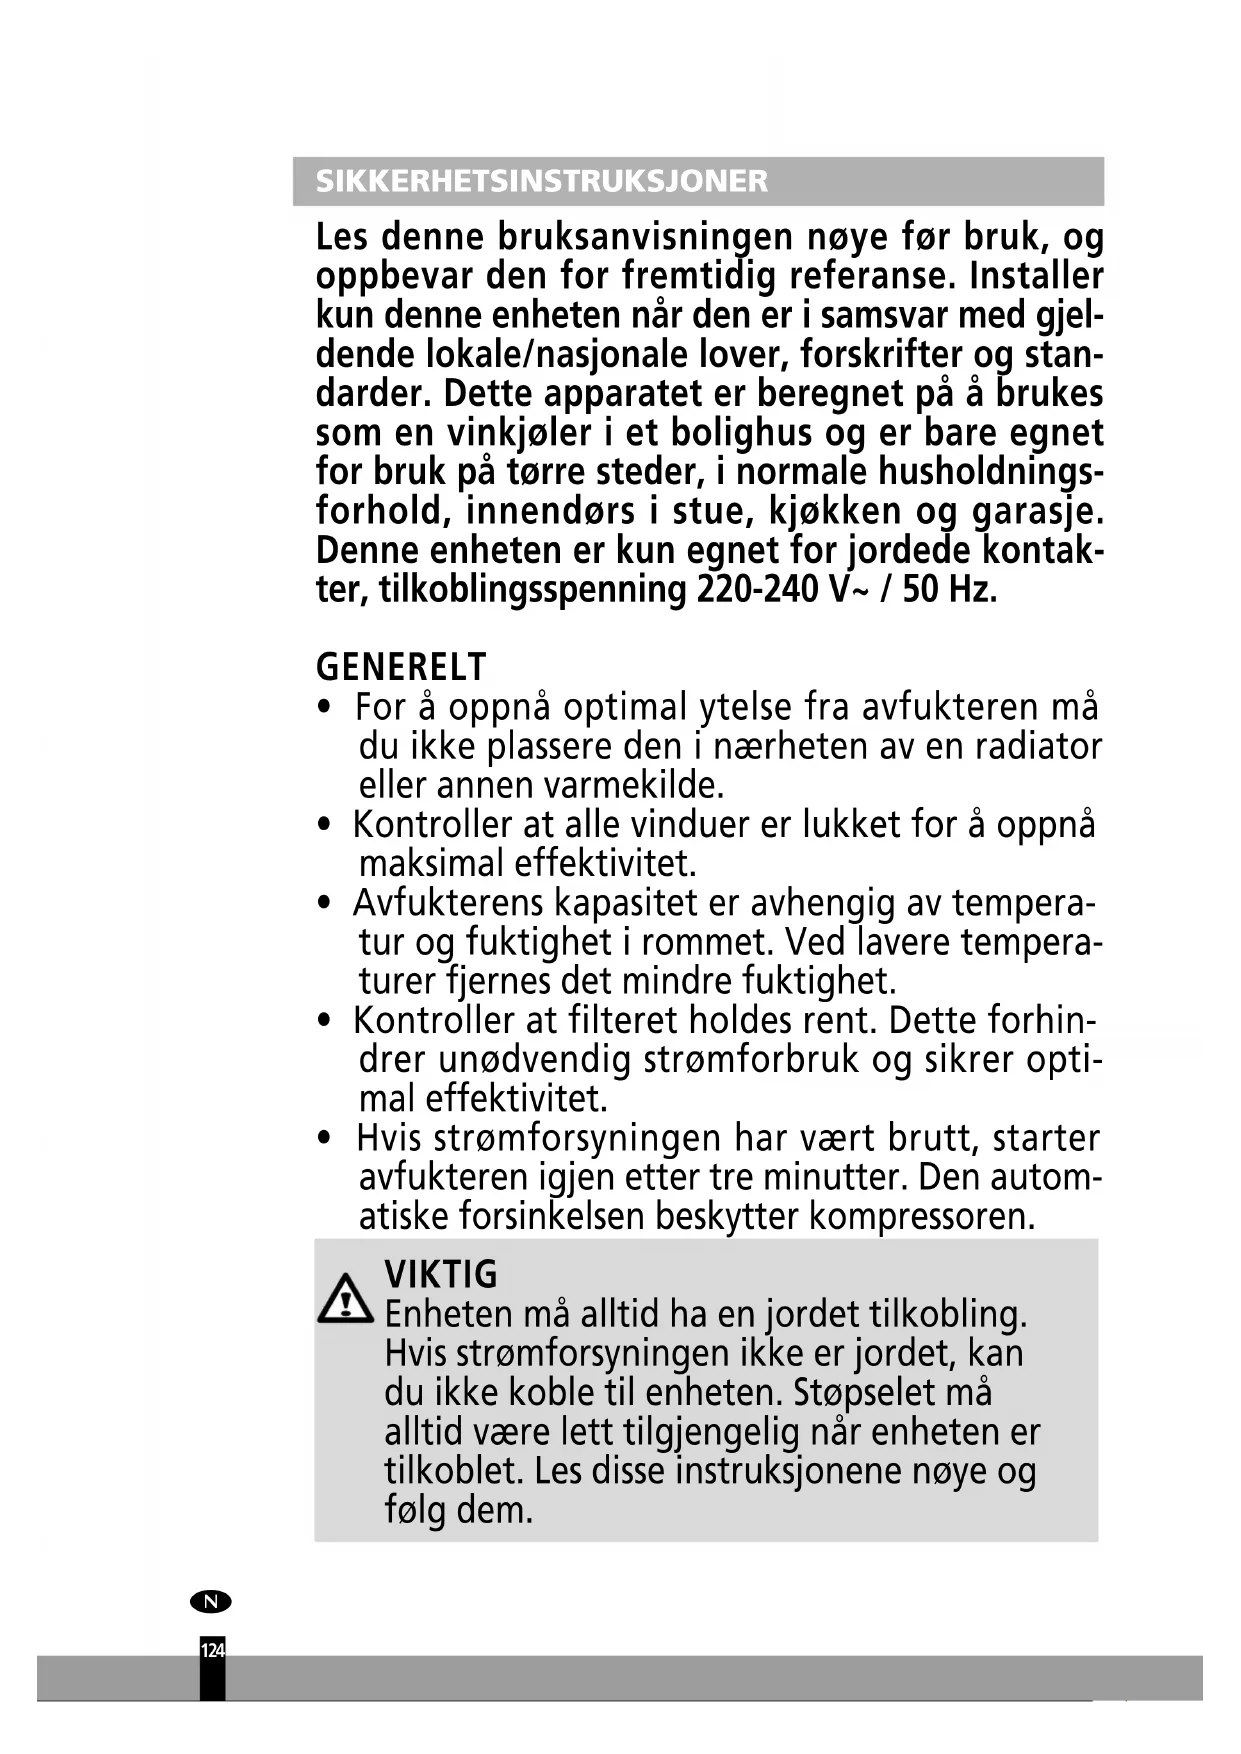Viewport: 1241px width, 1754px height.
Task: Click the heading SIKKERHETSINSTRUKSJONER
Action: [541, 181]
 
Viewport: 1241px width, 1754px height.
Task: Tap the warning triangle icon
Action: [344, 1299]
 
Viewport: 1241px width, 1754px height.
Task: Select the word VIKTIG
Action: [441, 1275]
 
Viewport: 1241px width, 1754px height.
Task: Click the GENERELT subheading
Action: [401, 666]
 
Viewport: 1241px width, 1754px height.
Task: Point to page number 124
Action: [212, 1650]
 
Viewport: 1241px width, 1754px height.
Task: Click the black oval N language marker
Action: [210, 1602]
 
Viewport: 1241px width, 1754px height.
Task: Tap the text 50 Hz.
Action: [949, 589]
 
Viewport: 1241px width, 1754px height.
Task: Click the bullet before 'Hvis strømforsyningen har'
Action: [323, 1139]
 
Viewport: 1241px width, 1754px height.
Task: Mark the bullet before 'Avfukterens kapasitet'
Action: [323, 904]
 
